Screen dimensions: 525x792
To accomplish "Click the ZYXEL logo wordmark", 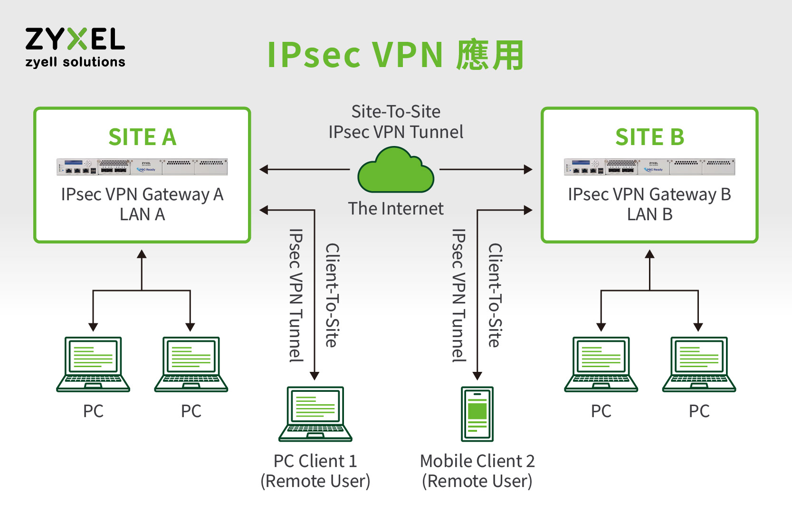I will click(75, 39).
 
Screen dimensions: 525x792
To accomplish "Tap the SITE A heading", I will click(142, 137).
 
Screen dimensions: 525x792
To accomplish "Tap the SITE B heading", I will click(649, 137).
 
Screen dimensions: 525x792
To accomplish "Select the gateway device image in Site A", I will click(142, 167).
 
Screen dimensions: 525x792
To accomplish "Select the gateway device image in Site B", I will click(649, 167).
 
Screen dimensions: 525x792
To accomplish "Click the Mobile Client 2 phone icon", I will click(477, 414).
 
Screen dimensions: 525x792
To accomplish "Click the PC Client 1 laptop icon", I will click(315, 414).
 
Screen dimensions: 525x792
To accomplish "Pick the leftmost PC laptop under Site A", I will click(93, 364).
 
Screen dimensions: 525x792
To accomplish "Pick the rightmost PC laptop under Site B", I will click(699, 364).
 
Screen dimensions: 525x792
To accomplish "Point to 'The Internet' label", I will click(396, 208).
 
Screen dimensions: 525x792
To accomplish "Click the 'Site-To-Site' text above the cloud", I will click(396, 112).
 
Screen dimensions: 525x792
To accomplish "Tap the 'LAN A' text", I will click(142, 214).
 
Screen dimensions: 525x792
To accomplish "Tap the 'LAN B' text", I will click(649, 214).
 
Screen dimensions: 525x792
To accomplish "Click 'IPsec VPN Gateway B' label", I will click(649, 194).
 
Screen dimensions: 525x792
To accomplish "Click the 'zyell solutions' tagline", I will click(75, 62).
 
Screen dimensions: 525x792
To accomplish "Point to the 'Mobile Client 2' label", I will click(477, 461).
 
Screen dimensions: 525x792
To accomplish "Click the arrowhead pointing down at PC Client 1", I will click(315, 376).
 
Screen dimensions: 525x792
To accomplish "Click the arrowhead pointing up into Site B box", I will click(649, 254).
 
